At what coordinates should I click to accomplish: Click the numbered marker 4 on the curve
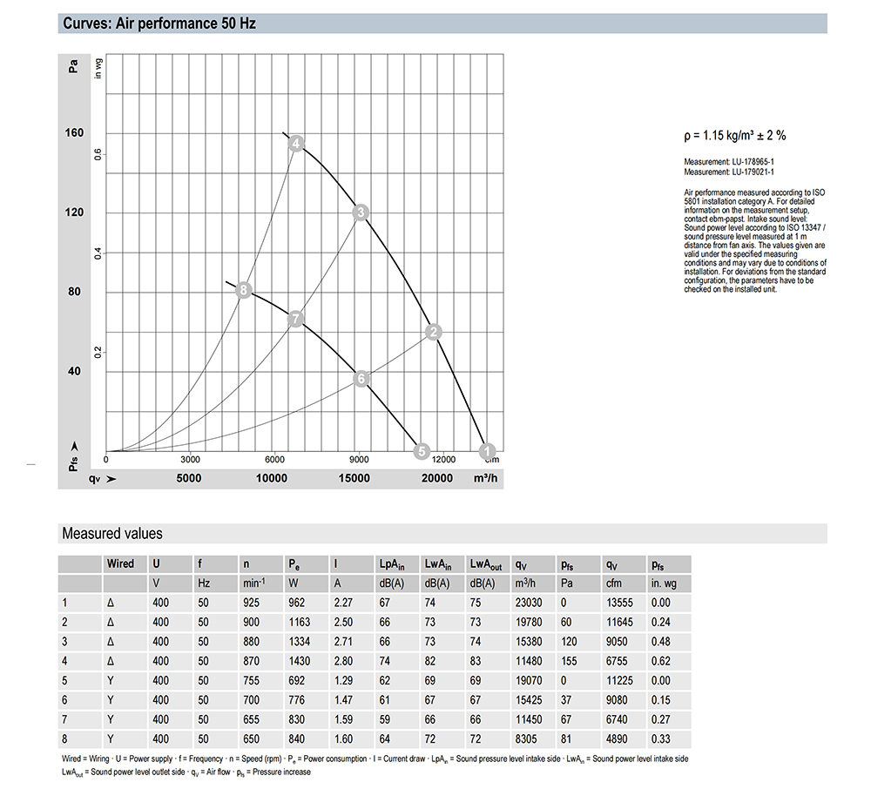click(x=296, y=144)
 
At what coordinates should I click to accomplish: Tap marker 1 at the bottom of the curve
click(x=489, y=449)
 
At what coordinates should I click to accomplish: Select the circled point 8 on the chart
click(x=244, y=291)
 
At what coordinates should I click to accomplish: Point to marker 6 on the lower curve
click(x=362, y=378)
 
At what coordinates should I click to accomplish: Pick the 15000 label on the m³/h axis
click(x=354, y=478)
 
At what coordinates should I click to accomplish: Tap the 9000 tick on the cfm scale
click(x=359, y=459)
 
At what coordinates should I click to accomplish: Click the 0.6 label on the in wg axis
click(x=98, y=154)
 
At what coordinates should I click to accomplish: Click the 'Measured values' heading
click(x=112, y=533)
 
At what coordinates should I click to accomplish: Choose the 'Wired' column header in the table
click(x=120, y=563)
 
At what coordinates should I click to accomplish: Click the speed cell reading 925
click(x=252, y=603)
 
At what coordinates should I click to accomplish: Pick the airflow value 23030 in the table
click(x=530, y=603)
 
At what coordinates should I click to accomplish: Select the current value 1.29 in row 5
click(x=345, y=681)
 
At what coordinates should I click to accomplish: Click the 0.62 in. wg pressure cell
click(x=661, y=661)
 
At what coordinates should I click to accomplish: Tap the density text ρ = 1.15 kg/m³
click(x=735, y=136)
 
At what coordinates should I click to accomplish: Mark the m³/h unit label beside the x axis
click(x=485, y=478)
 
